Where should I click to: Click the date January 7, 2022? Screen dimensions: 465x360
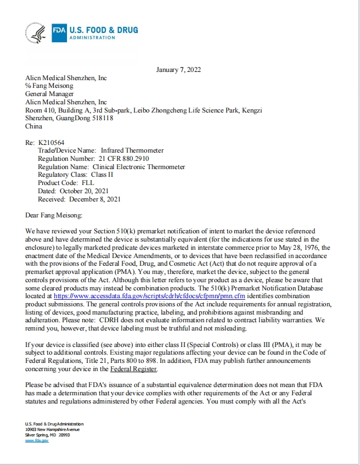pyautogui.click(x=178, y=70)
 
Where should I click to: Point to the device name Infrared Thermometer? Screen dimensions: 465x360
pyautogui.click(x=131, y=150)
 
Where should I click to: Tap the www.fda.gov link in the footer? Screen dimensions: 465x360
pyautogui.click(x=37, y=441)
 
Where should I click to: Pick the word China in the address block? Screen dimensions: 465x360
pyautogui.click(x=33, y=126)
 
